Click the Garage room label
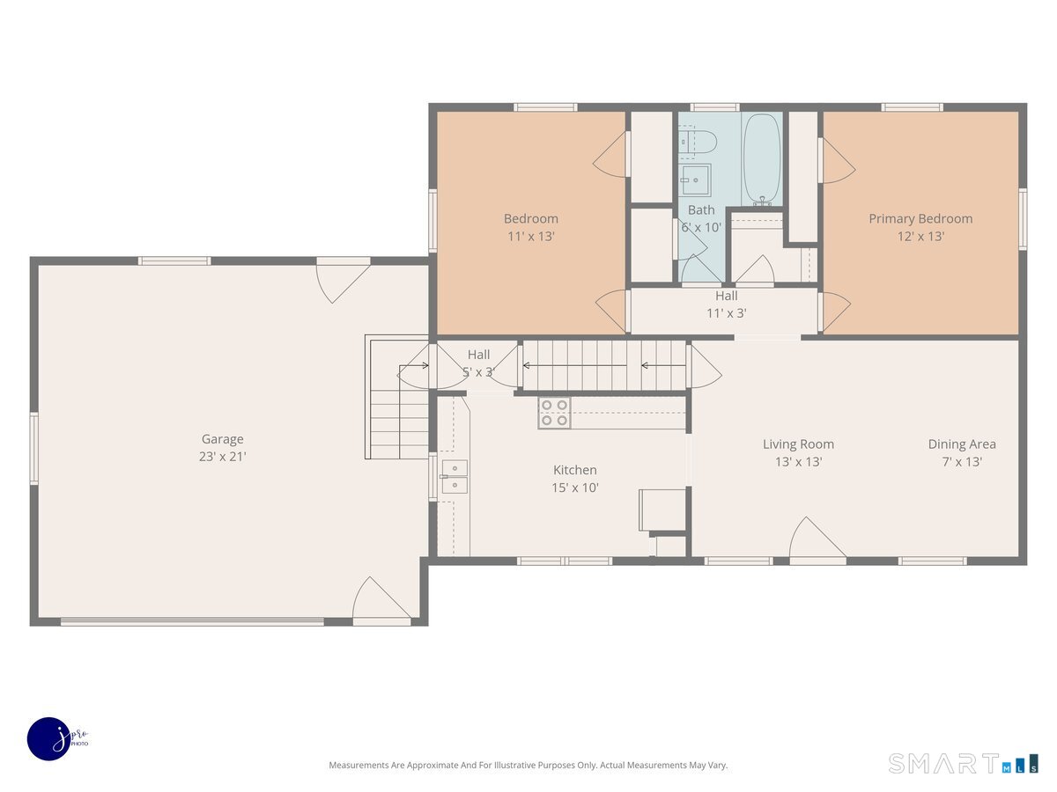tap(222, 439)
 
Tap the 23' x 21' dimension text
tap(223, 457)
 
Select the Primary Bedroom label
tap(920, 219)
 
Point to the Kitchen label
tap(574, 470)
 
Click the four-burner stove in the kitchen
tap(554, 413)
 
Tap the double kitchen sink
tap(455, 477)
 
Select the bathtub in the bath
tap(761, 159)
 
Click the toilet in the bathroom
tap(699, 142)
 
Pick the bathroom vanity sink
tap(695, 180)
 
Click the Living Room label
tap(798, 444)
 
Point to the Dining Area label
tap(962, 444)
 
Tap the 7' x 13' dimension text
tap(962, 462)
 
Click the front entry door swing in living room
tap(817, 538)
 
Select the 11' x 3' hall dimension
tap(726, 313)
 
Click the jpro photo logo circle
tap(49, 739)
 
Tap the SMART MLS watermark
tap(963, 763)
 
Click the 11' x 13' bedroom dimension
tap(531, 237)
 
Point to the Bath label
tap(701, 210)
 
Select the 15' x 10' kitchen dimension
tap(575, 488)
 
